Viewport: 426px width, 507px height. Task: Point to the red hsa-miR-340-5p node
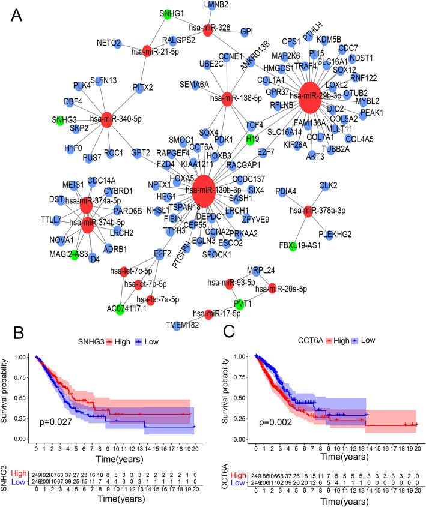[108, 119]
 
